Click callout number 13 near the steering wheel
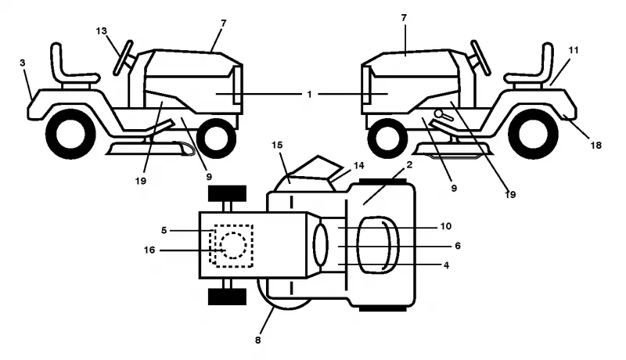tap(102, 31)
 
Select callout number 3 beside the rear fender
tap(23, 63)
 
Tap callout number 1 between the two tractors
tap(309, 95)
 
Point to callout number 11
tap(574, 50)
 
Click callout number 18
tap(595, 146)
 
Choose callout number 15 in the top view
tap(277, 145)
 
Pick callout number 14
tap(358, 165)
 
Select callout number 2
tap(409, 164)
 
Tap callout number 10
tap(445, 226)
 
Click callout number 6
tap(458, 246)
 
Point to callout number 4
tap(446, 265)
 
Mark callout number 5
tap(164, 230)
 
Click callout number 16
tap(149, 250)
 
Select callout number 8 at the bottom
tap(258, 340)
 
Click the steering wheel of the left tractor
tap(123, 58)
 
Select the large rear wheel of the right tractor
tap(533, 133)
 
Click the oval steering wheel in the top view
tap(320, 245)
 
